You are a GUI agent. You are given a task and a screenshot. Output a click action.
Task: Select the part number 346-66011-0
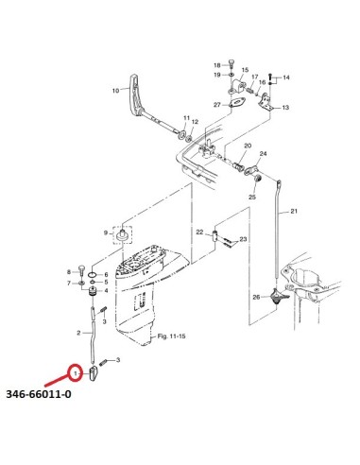[39, 394]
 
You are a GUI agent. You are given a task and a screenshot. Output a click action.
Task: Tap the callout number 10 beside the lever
[116, 91]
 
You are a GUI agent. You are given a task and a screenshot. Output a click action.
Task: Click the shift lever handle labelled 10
[136, 95]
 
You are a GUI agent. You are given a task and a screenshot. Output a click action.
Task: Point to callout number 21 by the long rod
[294, 211]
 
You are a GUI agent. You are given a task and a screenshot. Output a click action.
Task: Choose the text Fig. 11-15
[171, 336]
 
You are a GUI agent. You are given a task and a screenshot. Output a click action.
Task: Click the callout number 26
[256, 297]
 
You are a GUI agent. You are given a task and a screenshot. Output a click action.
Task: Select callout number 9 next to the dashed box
[106, 233]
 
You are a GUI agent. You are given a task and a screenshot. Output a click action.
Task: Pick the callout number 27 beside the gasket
[217, 104]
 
